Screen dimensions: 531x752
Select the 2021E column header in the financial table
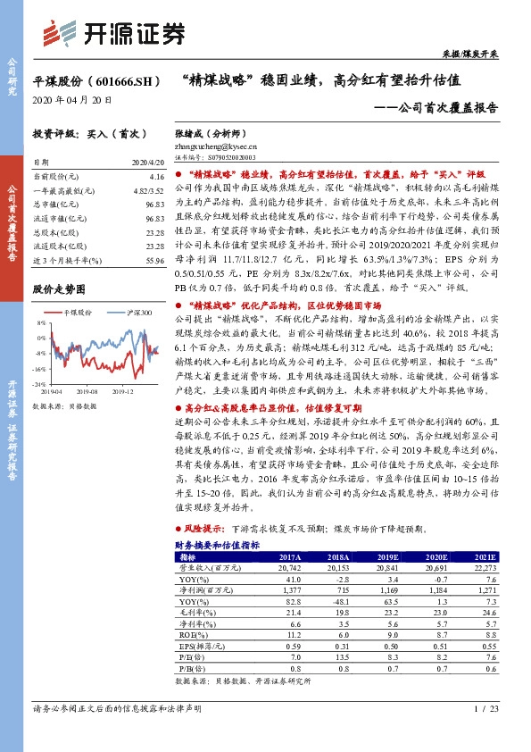(485, 556)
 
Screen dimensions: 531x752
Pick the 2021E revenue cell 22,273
(485, 567)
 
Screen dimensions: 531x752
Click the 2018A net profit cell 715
(340, 590)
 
